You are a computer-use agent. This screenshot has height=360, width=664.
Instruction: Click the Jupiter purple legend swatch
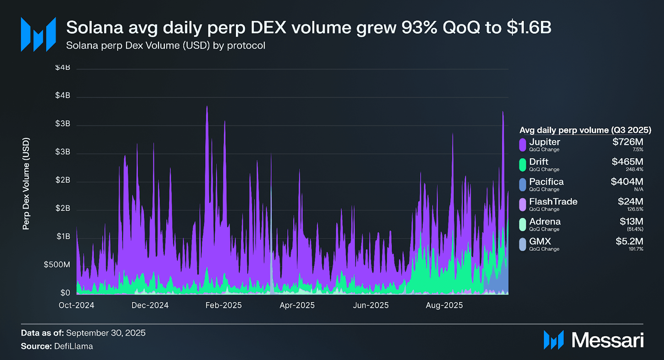click(522, 145)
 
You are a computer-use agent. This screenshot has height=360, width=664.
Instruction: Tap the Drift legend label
click(538, 162)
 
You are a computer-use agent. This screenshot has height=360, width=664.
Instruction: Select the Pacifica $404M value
click(627, 182)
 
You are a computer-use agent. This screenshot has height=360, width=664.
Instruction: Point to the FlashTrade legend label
click(553, 202)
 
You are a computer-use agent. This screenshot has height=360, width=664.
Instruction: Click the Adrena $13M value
click(631, 222)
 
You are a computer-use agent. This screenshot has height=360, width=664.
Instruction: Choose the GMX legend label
click(540, 241)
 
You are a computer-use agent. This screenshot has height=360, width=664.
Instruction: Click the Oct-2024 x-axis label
click(76, 305)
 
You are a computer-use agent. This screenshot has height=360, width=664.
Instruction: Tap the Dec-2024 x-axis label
click(150, 305)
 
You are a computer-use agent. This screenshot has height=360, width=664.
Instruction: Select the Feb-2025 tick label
click(224, 305)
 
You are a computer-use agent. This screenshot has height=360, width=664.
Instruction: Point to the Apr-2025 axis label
click(297, 305)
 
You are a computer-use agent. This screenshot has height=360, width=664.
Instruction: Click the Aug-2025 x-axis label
click(444, 305)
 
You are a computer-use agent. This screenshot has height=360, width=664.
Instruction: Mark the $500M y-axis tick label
click(57, 265)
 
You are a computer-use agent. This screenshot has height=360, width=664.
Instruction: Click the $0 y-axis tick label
click(65, 293)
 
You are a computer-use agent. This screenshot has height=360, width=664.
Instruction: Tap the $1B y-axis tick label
click(63, 236)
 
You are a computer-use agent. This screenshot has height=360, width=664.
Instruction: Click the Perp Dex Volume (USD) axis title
click(26, 184)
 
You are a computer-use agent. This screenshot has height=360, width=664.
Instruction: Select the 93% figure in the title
click(419, 28)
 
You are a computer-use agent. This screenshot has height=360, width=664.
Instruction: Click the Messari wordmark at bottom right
click(607, 340)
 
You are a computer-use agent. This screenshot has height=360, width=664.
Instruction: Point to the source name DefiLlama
click(73, 346)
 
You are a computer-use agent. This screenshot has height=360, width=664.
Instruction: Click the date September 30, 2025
click(106, 333)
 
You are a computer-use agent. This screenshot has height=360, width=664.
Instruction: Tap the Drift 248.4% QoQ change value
click(634, 169)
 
